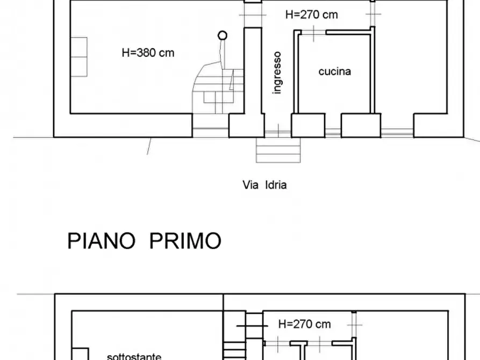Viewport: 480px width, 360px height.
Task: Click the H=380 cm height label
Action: (148, 53)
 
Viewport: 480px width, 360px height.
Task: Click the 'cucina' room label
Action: (335, 71)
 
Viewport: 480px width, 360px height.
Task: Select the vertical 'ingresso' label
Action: (277, 73)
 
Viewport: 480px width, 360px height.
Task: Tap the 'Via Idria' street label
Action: (264, 185)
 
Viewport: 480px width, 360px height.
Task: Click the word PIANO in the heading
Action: (101, 241)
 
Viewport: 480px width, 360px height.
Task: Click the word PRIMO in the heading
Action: (185, 241)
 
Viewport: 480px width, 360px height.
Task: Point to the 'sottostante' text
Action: (133, 356)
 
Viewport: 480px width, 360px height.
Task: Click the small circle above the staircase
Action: (222, 35)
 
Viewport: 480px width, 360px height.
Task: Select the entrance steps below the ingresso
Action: (277, 150)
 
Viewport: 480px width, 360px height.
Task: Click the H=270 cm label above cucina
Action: (311, 15)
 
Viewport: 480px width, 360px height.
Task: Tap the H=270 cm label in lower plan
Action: (304, 324)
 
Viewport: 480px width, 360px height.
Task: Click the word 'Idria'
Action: (276, 185)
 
